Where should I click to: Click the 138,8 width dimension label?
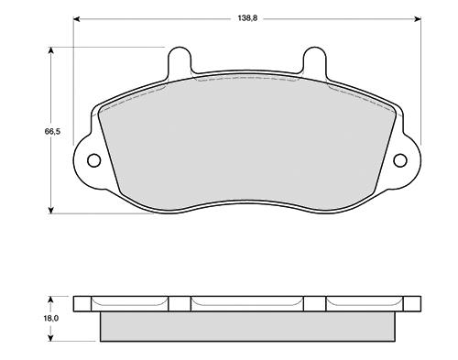point(247,18)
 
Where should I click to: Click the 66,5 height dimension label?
point(52,132)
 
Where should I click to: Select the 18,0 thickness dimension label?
point(50,319)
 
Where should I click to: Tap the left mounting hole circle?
point(93,160)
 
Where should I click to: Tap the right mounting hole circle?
point(400,160)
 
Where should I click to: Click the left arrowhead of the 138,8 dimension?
point(77,19)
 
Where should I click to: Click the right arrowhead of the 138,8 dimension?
point(418,19)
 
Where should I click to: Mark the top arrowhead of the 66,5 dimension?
point(51,50)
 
